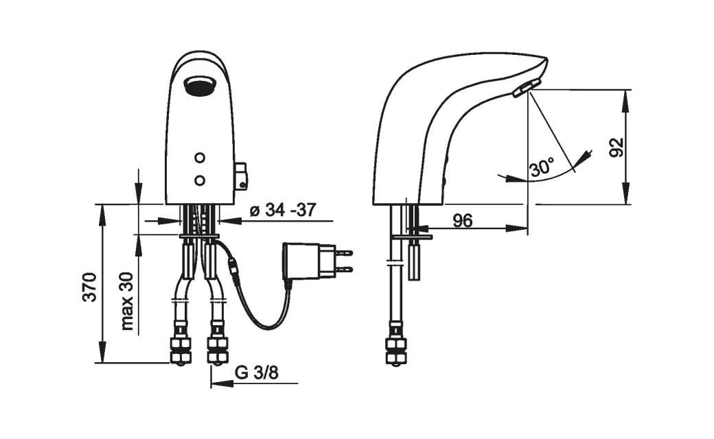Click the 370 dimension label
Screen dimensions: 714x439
(90, 287)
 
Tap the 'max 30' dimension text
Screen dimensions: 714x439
(127, 300)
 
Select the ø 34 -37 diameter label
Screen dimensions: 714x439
(283, 210)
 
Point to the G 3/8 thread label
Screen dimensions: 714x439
(256, 372)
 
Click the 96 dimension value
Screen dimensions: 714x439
(463, 221)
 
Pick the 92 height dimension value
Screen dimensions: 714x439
(617, 147)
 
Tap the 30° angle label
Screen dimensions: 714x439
(542, 167)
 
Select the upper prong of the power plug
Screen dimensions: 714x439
(345, 252)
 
